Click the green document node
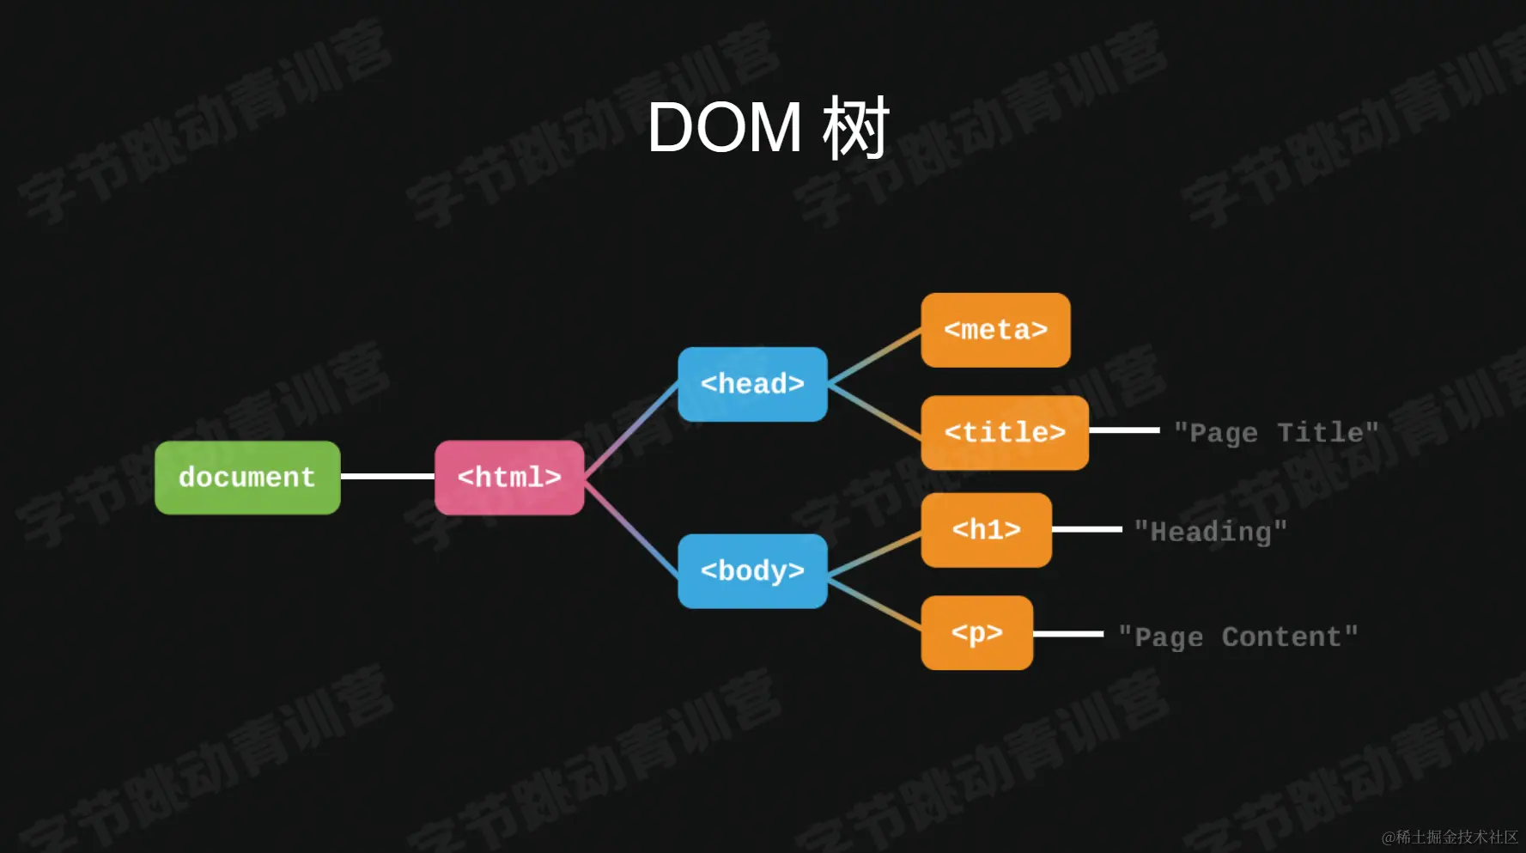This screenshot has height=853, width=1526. (x=247, y=478)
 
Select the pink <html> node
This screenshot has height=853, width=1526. (x=509, y=478)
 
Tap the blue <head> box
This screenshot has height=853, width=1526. (x=752, y=384)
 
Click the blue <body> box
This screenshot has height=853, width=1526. (x=752, y=571)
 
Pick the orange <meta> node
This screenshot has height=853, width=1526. (x=995, y=330)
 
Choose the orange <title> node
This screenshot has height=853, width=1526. (x=1005, y=432)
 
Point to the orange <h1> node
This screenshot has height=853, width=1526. (x=986, y=529)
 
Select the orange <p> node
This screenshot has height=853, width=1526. (x=976, y=633)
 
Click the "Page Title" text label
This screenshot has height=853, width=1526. (x=1275, y=432)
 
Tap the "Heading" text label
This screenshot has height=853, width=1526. (x=1210, y=532)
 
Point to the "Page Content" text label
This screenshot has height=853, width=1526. (x=1237, y=637)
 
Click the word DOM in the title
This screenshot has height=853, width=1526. (x=724, y=128)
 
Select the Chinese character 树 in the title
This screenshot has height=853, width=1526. (x=854, y=128)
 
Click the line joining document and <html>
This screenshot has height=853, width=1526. (x=387, y=477)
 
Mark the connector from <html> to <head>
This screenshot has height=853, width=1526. (x=631, y=430)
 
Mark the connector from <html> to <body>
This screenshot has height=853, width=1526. (x=631, y=526)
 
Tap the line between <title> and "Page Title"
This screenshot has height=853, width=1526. (x=1124, y=430)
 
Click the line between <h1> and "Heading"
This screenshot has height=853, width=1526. (x=1086, y=529)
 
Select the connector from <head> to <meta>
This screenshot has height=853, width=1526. (x=874, y=355)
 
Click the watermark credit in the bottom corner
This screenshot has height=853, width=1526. (x=1449, y=837)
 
